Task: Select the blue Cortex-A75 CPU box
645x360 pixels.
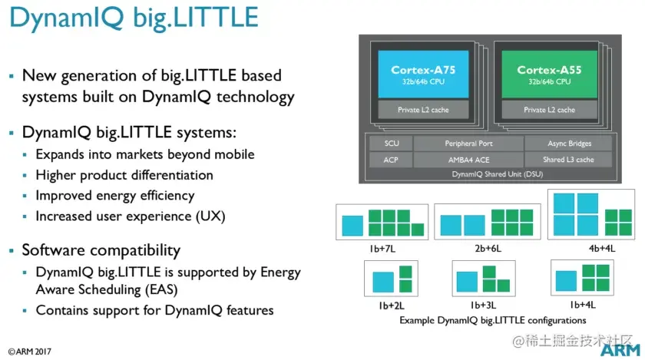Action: click(422, 74)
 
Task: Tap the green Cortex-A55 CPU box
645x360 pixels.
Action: click(549, 74)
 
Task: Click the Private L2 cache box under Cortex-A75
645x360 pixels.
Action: click(422, 110)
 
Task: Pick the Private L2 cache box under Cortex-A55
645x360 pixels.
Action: click(549, 110)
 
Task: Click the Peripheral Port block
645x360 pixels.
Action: click(468, 144)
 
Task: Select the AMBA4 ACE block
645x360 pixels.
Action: click(468, 160)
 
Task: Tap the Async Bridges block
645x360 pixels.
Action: click(569, 144)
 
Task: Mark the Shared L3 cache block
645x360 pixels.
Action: click(569, 160)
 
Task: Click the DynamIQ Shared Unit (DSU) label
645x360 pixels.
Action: click(488, 175)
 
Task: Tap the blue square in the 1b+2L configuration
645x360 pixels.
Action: click(382, 282)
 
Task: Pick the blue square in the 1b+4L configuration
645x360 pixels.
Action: click(567, 280)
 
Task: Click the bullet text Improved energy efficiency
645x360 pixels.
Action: click(114, 195)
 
